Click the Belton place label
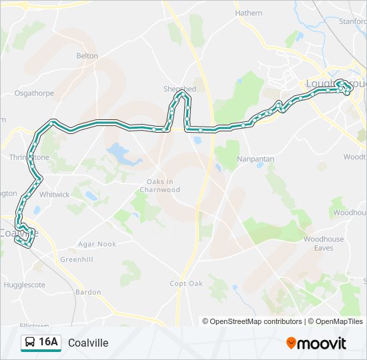[x=87, y=56]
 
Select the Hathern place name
[x=248, y=12]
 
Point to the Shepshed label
[x=179, y=89]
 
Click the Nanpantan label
[x=256, y=161]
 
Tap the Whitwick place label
[x=54, y=195]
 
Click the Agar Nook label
[x=97, y=244]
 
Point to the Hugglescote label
[x=24, y=283]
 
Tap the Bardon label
[x=88, y=292]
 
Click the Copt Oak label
[x=186, y=283]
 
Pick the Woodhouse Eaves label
[x=324, y=243]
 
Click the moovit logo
[x=316, y=343]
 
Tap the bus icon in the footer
[x=30, y=343]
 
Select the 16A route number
[x=49, y=343]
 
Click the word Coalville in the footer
[x=88, y=343]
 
